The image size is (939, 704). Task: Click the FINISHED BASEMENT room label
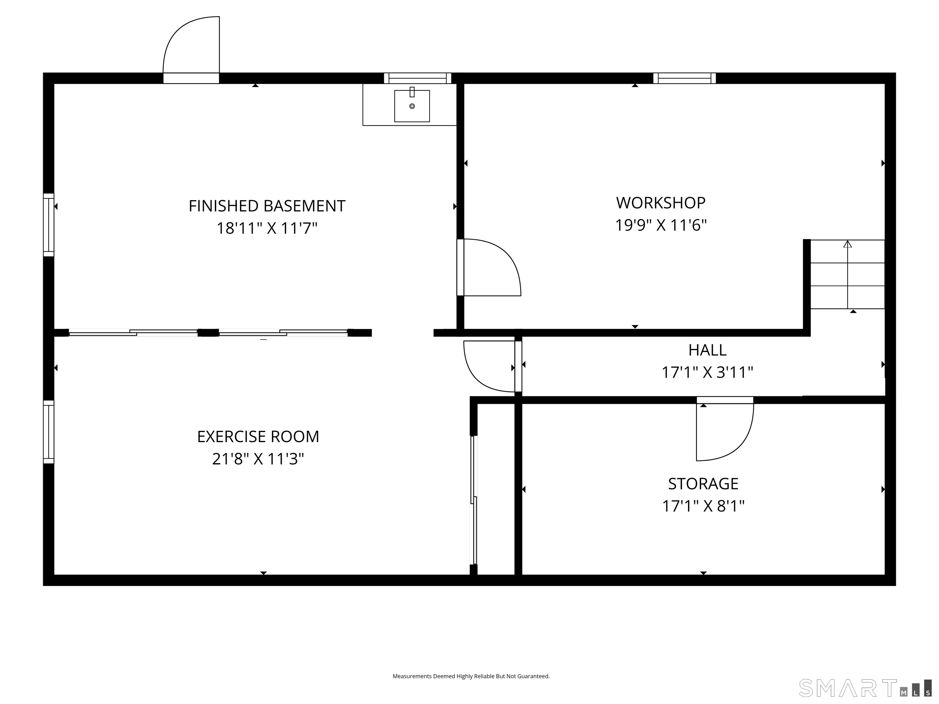[x=267, y=206]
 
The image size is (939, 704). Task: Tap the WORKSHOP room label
[x=661, y=203]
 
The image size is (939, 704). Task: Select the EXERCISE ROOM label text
[x=258, y=437]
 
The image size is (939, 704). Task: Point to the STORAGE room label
[x=703, y=484]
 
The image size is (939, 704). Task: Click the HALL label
[x=707, y=350]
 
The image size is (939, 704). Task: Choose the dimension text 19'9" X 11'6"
[x=661, y=225]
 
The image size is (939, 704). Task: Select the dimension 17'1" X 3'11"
[x=707, y=372]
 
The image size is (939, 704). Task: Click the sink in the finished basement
[x=412, y=106]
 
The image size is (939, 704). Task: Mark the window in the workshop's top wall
[x=684, y=78]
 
